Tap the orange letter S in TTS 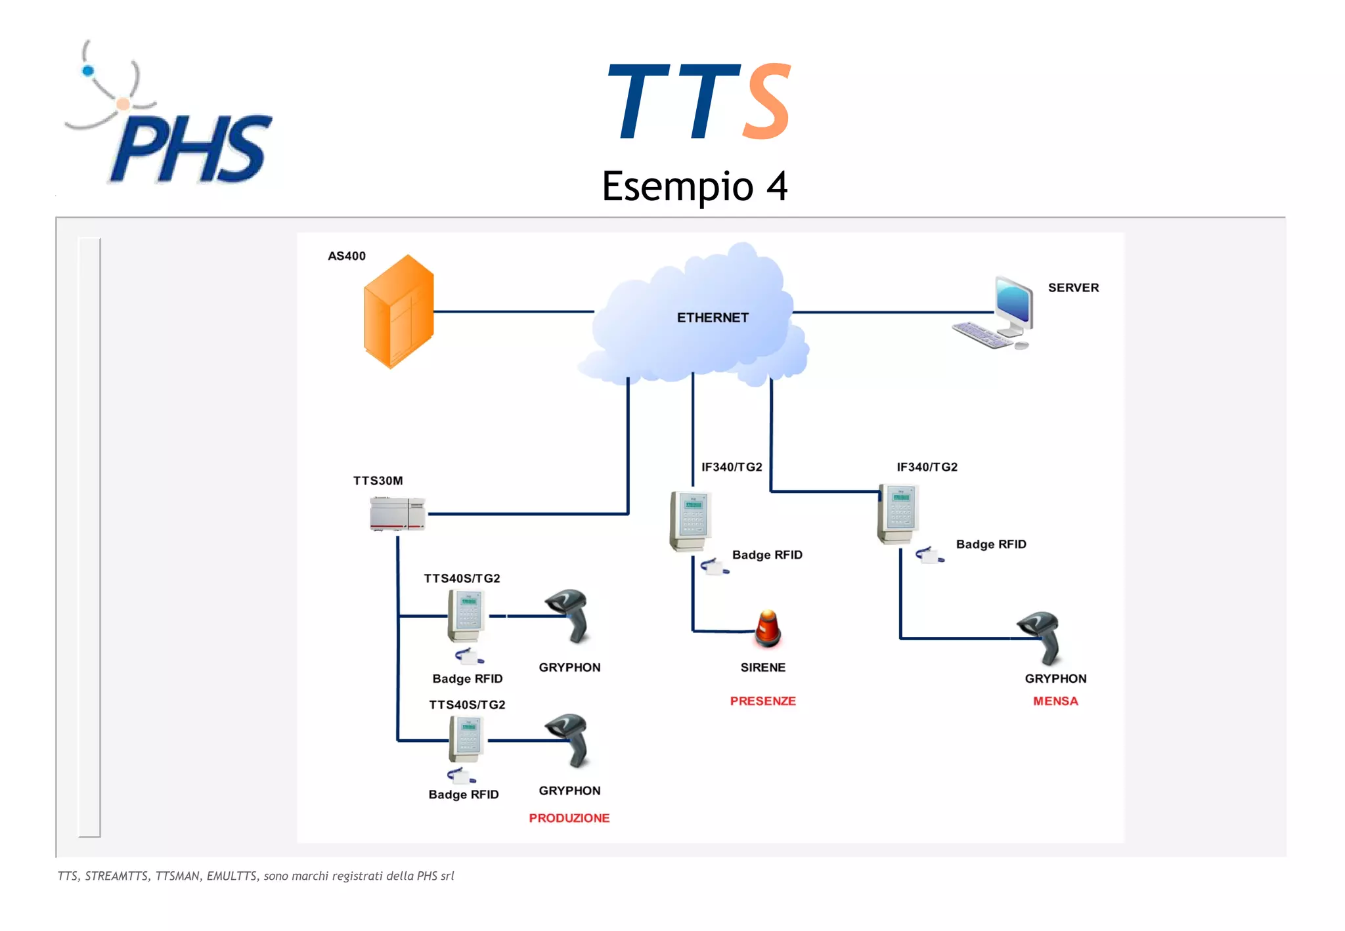(766, 102)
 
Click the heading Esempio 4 (694, 186)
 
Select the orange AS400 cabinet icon (399, 312)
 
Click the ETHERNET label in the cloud (713, 318)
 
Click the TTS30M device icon (397, 513)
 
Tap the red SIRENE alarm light (767, 628)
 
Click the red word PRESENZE (762, 701)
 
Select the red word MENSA (1055, 701)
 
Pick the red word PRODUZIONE (569, 818)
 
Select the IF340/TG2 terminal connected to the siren (690, 521)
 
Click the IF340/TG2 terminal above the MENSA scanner (898, 514)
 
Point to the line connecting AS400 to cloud (512, 312)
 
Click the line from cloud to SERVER (893, 313)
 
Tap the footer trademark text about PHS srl (255, 876)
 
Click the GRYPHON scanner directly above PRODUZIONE (569, 740)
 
